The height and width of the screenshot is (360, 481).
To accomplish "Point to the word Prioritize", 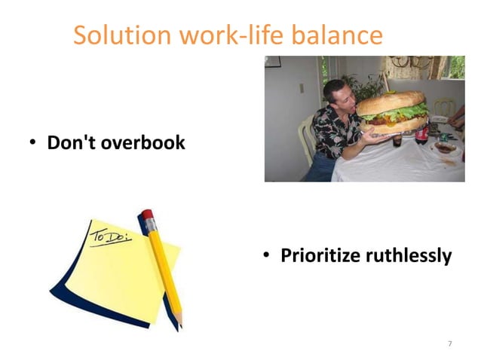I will (x=320, y=256).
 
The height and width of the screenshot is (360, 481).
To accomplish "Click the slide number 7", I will (x=449, y=343).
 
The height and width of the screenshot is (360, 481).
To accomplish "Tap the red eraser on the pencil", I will (x=147, y=216).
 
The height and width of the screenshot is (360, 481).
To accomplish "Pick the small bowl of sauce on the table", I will (x=444, y=148).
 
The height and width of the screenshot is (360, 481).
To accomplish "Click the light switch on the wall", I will (x=301, y=88).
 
